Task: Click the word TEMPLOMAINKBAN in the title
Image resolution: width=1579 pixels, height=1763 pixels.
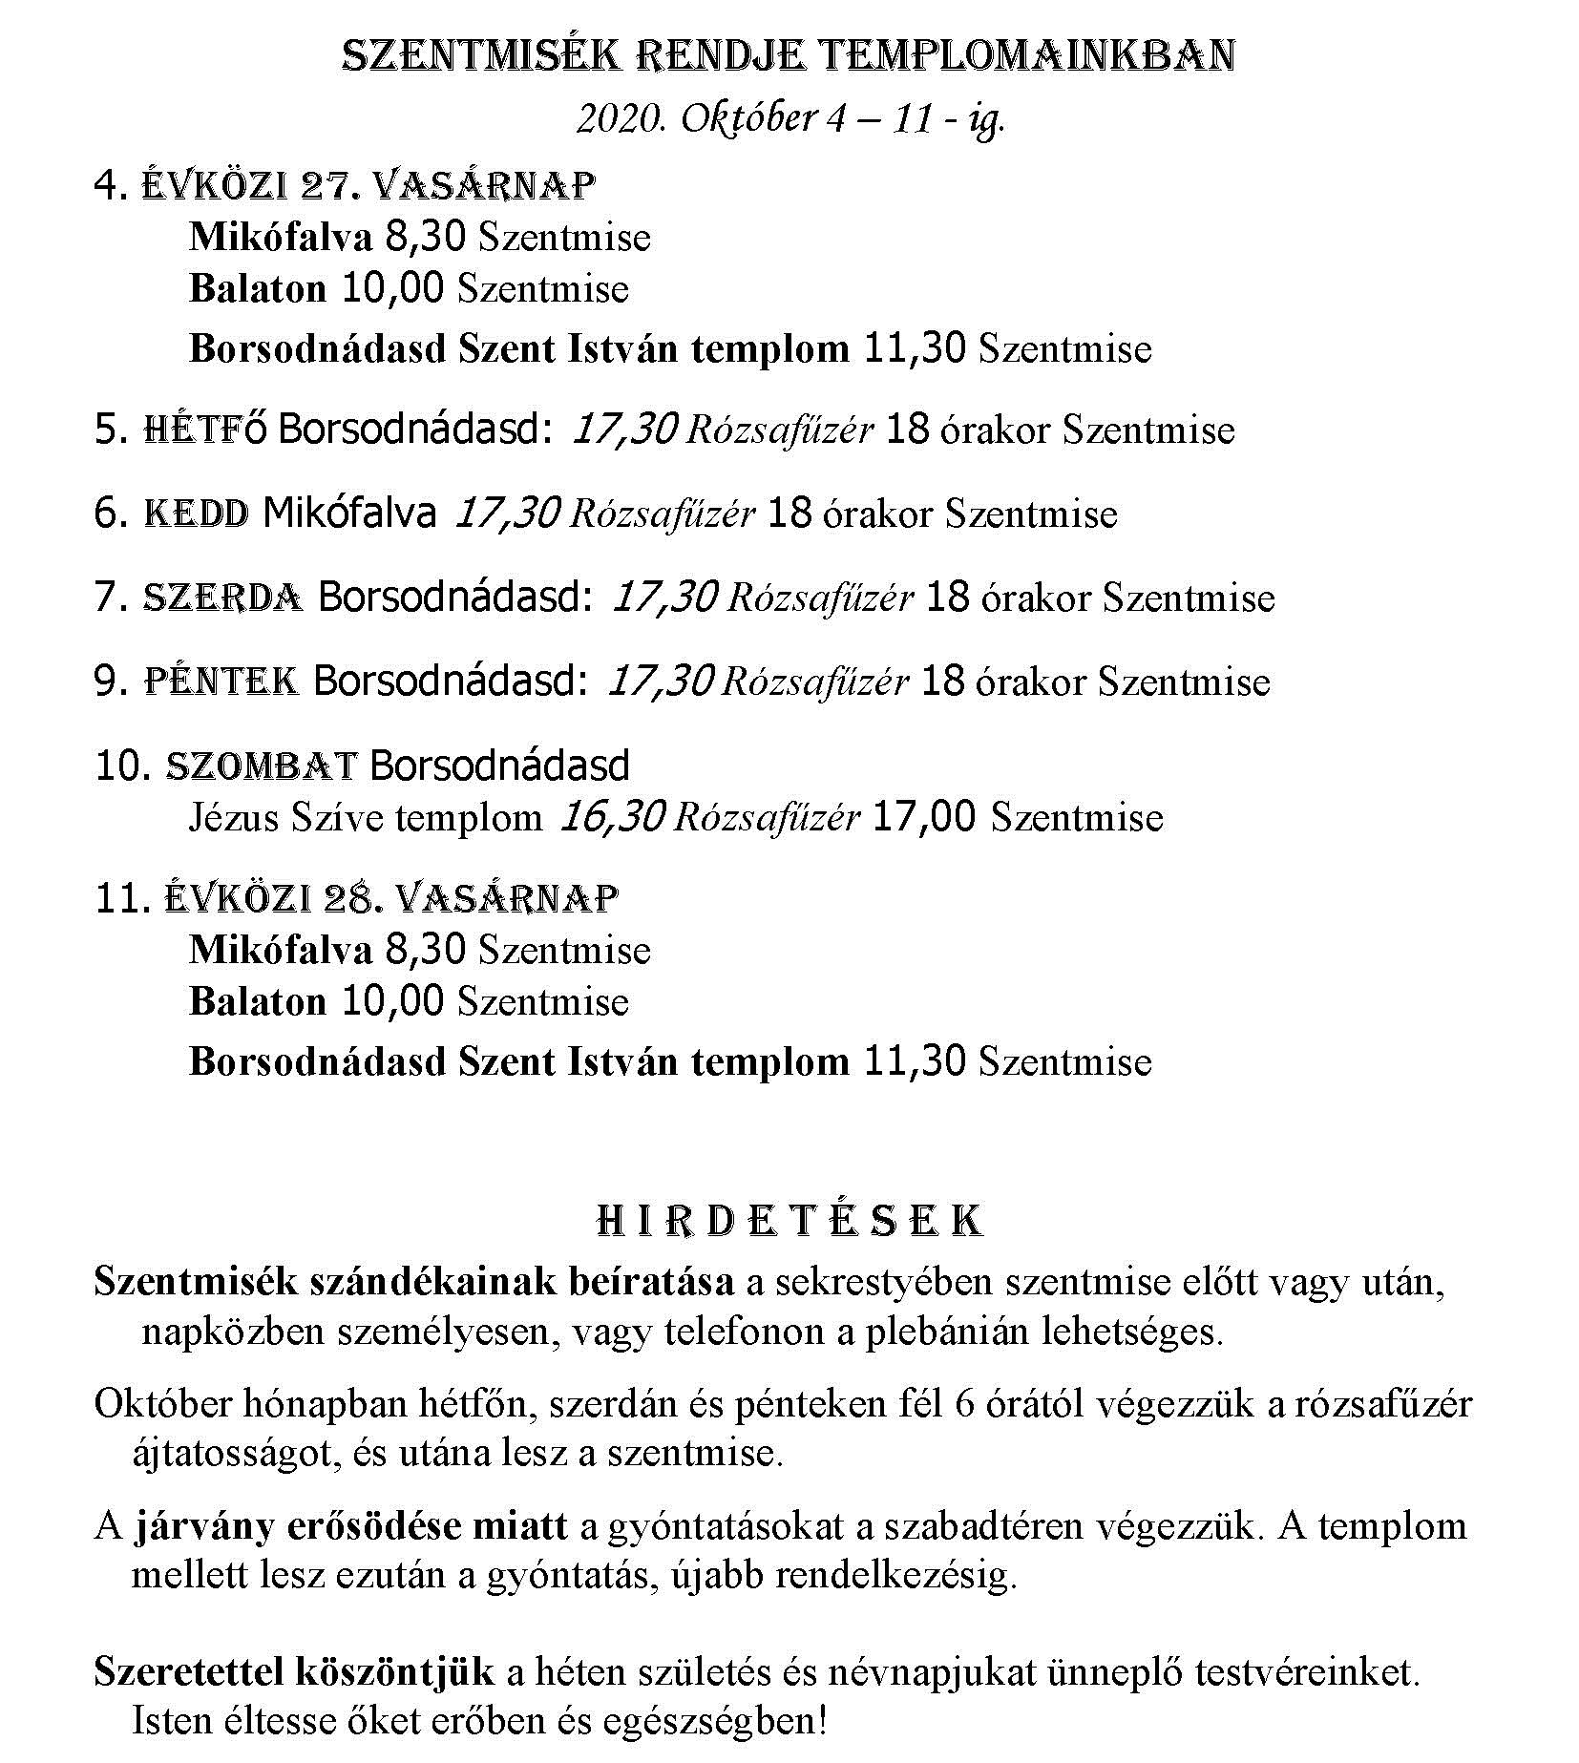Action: [x=1028, y=56]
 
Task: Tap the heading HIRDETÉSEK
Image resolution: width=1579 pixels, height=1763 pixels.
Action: [x=789, y=1222]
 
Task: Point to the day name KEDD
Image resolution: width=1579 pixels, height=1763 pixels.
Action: [x=197, y=514]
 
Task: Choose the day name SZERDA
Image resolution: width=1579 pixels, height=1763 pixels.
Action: [x=222, y=598]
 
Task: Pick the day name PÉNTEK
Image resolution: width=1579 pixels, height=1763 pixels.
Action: [x=221, y=682]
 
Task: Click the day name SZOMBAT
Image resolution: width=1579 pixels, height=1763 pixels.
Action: [x=262, y=766]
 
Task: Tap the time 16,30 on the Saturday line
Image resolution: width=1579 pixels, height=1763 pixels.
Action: [x=610, y=817]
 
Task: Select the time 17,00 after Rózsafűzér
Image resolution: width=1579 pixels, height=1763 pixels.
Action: [x=924, y=817]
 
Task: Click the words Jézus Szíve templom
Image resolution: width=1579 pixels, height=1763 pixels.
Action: [x=366, y=818]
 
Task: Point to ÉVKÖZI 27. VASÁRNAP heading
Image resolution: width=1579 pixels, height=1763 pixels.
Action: [x=368, y=185]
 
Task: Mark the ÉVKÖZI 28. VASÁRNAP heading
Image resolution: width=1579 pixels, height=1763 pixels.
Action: [x=391, y=898]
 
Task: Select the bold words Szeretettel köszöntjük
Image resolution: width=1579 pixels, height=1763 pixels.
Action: [x=294, y=1672]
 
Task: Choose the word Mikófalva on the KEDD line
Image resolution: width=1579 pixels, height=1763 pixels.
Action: [x=349, y=514]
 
